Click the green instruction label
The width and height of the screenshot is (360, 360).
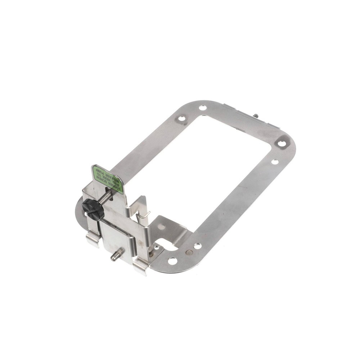tap(108, 179)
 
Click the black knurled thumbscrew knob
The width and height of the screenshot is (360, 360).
tap(93, 209)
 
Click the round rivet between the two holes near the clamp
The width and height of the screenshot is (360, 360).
tap(189, 252)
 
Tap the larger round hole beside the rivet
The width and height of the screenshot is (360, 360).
tap(173, 261)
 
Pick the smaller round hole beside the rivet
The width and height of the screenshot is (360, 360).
tap(198, 246)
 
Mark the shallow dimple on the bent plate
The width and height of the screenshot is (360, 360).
tap(162, 227)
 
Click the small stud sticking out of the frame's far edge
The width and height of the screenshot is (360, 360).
tap(256, 116)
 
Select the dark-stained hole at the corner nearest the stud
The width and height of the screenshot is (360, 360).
tap(282, 143)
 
